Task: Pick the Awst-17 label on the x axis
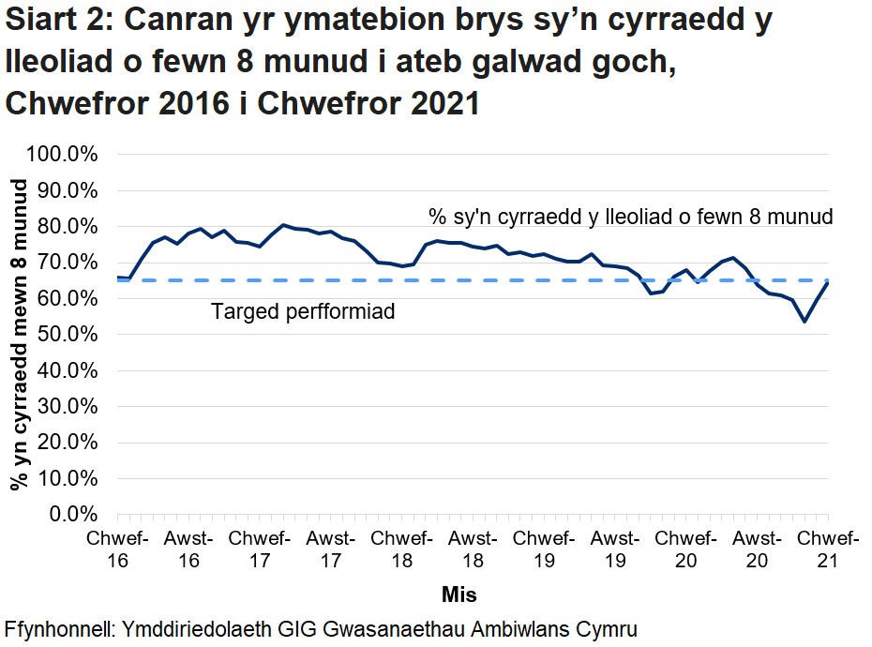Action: click(331, 549)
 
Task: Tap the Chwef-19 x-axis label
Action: click(544, 549)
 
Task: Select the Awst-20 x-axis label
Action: click(756, 549)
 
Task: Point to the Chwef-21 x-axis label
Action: click(827, 549)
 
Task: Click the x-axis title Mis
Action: click(459, 594)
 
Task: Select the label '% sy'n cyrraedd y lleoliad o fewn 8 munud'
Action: click(631, 218)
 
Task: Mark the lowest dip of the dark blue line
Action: click(804, 322)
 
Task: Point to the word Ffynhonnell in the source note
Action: click(58, 628)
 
